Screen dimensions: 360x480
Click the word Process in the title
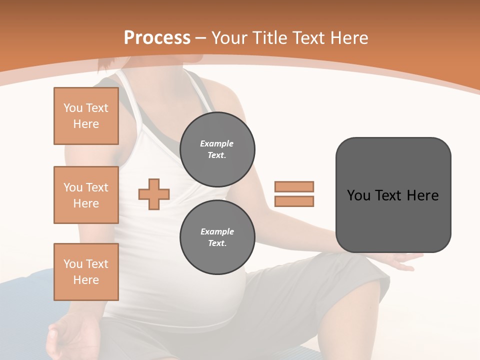click(x=157, y=37)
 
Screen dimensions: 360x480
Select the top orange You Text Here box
click(x=86, y=116)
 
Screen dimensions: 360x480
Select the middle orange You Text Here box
click(x=86, y=195)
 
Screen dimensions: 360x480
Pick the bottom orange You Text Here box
click(x=86, y=271)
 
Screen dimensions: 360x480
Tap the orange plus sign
click(x=154, y=194)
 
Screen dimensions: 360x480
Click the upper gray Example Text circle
click(x=217, y=149)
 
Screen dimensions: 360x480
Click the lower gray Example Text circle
click(x=217, y=237)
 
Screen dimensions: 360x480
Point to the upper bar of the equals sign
click(x=294, y=186)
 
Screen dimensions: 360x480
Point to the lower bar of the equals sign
click(x=294, y=201)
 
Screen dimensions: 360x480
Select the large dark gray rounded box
click(x=393, y=195)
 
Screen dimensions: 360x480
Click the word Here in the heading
click(x=346, y=38)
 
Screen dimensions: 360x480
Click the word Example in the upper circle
click(x=217, y=144)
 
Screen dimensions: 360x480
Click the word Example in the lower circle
click(x=217, y=232)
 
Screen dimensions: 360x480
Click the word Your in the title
click(x=229, y=38)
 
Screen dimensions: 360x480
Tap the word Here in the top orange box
click(x=86, y=124)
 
